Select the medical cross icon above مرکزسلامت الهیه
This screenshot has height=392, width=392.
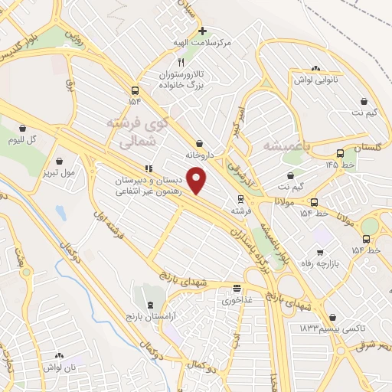pos(202,31)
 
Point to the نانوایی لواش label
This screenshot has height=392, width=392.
pos(316,79)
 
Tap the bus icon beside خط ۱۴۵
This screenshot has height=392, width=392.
pos(340,152)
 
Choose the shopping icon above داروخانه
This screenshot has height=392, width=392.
pos(199,143)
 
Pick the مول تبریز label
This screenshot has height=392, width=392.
pos(59,172)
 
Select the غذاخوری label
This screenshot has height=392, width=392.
pos(237,300)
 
